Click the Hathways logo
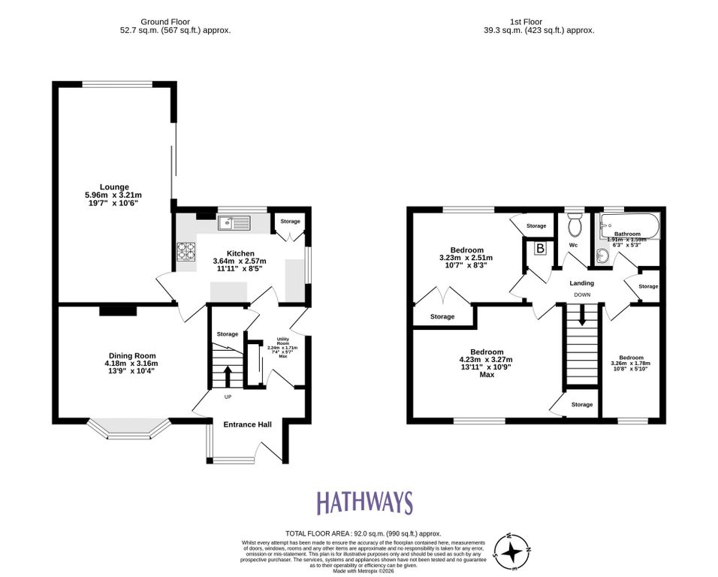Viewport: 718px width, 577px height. click(x=364, y=503)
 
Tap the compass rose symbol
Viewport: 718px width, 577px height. click(x=514, y=552)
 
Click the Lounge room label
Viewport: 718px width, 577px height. click(x=115, y=187)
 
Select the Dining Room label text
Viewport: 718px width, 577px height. click(x=132, y=356)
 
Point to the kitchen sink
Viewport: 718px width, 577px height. click(x=233, y=222)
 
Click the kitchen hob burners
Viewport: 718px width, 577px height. click(x=186, y=250)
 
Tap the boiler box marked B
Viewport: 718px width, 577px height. click(x=539, y=249)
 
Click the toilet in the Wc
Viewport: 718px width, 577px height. click(x=576, y=225)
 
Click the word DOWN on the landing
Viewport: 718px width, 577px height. click(x=582, y=295)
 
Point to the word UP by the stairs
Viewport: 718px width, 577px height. click(x=228, y=396)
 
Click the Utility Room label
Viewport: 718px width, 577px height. click(x=282, y=343)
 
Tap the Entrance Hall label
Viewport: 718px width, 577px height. click(x=247, y=424)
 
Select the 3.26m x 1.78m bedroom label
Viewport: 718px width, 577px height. click(x=630, y=358)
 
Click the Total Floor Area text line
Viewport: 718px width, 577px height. click(x=363, y=533)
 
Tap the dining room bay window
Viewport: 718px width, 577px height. click(x=126, y=430)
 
